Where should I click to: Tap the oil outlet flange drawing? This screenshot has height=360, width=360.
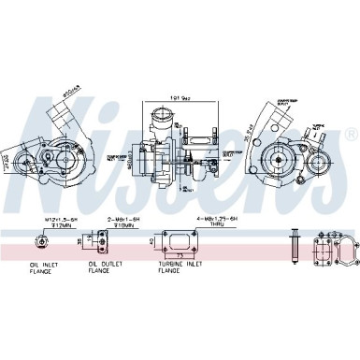coord(100,242)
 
